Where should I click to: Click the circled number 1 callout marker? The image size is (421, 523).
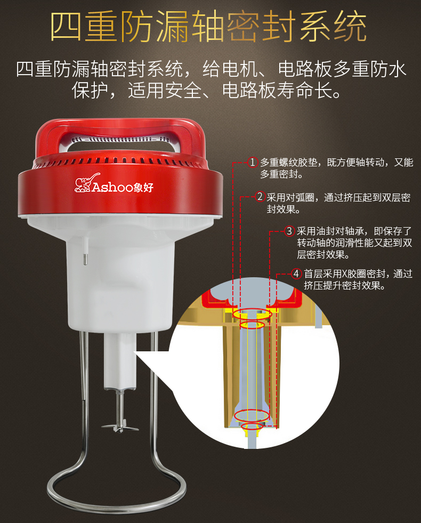[x=253, y=162]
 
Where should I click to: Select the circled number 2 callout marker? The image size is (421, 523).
[x=260, y=197]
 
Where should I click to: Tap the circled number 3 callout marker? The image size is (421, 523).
[x=289, y=231]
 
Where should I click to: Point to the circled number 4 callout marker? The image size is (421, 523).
[x=297, y=273]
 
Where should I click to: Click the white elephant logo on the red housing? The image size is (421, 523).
[x=83, y=183]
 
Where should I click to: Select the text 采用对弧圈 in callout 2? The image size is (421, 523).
[x=291, y=197]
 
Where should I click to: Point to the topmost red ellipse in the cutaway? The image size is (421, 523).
[x=252, y=314]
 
